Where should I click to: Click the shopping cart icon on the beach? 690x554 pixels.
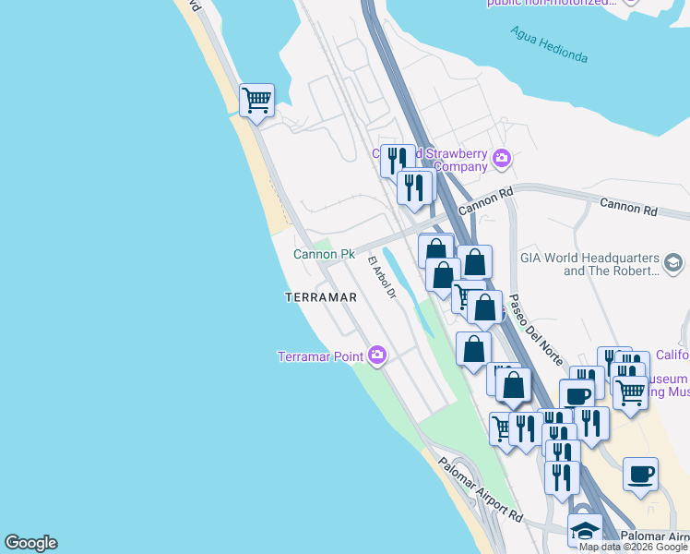point(256,98)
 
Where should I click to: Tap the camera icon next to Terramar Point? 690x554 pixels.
point(376,355)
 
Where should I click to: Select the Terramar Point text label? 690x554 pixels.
point(320,356)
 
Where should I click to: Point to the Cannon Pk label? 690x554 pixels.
point(324,254)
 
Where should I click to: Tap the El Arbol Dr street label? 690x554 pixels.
point(382,278)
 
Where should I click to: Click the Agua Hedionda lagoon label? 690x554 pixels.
point(549,43)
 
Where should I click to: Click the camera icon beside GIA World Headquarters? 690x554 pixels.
point(676,264)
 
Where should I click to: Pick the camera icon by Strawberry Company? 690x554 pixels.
point(502,159)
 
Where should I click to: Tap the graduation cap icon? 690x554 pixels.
point(585,530)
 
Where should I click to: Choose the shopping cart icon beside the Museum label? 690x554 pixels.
point(631,391)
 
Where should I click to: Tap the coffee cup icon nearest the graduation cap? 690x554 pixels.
point(640,475)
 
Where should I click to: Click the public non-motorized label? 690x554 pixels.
point(552,4)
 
